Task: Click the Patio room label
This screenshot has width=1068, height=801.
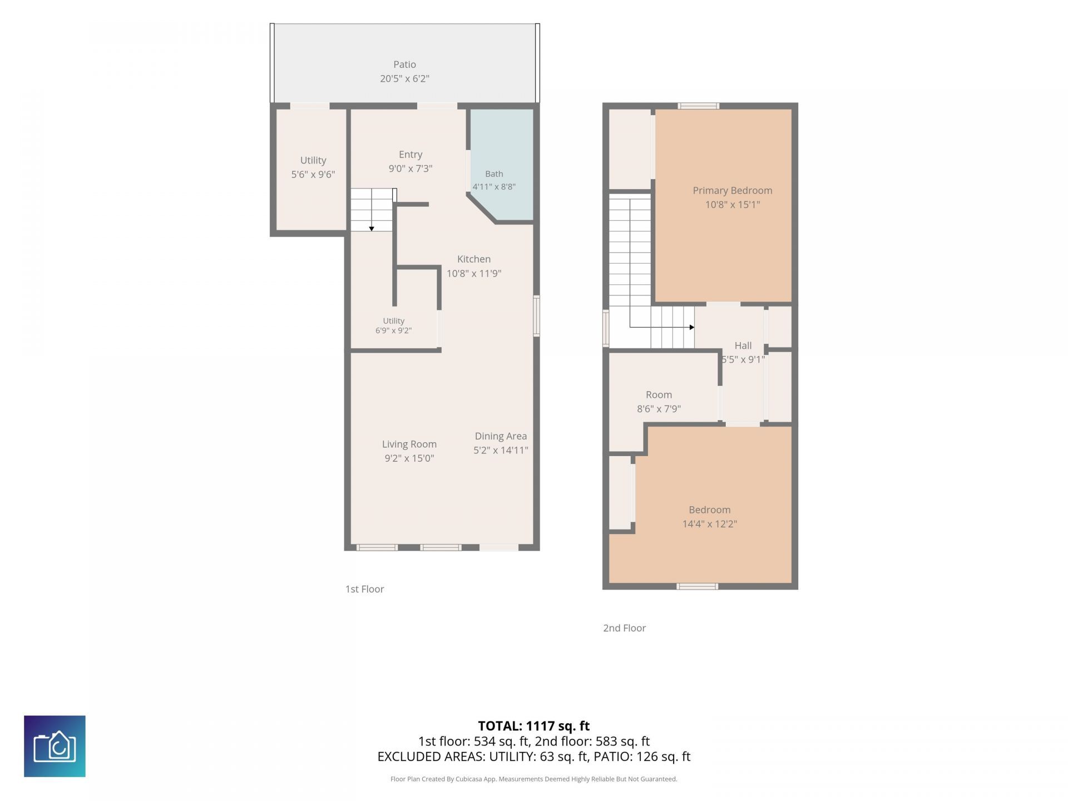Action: click(404, 65)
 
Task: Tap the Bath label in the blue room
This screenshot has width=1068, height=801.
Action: click(494, 174)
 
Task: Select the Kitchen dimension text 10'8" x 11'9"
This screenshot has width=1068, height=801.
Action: click(474, 274)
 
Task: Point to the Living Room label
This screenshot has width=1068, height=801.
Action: click(409, 444)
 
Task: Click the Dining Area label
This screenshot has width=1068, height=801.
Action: click(501, 436)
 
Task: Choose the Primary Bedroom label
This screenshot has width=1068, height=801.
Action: click(733, 191)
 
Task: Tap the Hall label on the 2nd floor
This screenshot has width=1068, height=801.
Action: click(743, 345)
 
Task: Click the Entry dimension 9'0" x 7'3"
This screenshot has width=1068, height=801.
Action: click(411, 169)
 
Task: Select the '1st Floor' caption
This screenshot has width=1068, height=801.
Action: click(365, 589)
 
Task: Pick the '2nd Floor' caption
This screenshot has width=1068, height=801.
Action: click(625, 628)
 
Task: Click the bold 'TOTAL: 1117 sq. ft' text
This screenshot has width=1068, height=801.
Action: click(534, 726)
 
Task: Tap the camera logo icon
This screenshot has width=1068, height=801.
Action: click(55, 746)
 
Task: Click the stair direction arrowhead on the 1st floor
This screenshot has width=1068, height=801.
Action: click(372, 229)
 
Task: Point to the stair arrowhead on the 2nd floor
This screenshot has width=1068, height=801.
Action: click(692, 327)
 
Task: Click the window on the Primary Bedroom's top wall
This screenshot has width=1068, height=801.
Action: click(699, 106)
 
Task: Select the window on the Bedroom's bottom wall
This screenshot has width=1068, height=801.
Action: click(698, 586)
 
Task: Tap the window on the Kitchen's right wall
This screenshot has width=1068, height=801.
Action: click(537, 316)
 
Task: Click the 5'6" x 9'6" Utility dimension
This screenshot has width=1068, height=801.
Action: click(313, 175)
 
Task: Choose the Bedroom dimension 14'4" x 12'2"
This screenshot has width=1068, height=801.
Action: click(710, 524)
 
